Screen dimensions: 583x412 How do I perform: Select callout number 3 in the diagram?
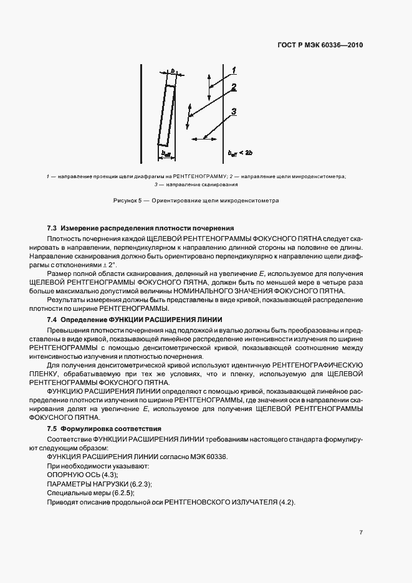pyautogui.click(x=232, y=112)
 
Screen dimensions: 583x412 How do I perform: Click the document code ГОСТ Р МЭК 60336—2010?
pyautogui.click(x=320, y=45)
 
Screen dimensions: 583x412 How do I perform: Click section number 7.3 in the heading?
pyautogui.click(x=52, y=228)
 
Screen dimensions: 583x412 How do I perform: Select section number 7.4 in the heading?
pyautogui.click(x=52, y=320)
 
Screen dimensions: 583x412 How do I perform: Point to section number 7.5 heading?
pyautogui.click(x=52, y=429)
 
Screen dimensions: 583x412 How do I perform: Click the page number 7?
pyautogui.click(x=361, y=533)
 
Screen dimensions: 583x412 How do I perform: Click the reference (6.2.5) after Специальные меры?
pyautogui.click(x=122, y=493)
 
